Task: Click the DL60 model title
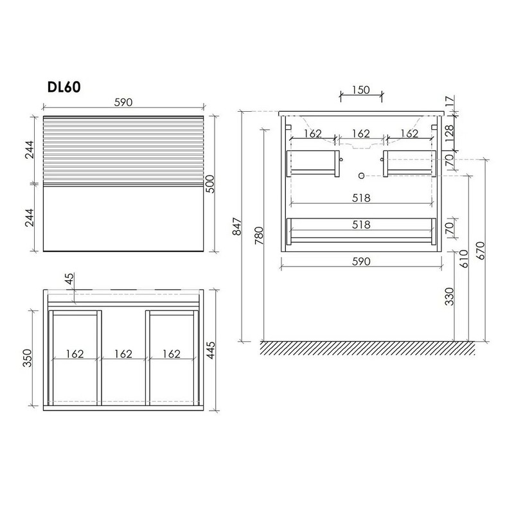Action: click(x=64, y=87)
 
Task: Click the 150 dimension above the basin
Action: click(x=361, y=90)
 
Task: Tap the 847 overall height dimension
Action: click(x=237, y=227)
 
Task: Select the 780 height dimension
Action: click(x=259, y=236)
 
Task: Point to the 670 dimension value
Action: click(x=480, y=251)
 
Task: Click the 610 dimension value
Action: click(x=464, y=259)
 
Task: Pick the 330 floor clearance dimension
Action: click(x=449, y=296)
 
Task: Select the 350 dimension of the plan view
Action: click(x=28, y=358)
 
